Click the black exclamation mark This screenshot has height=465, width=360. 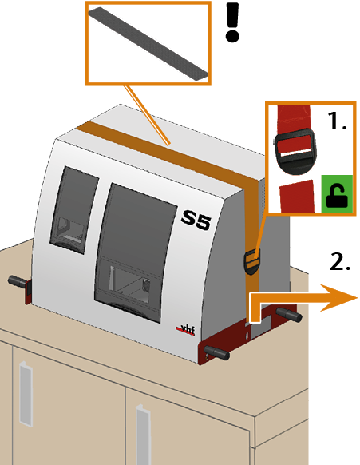(x=232, y=22)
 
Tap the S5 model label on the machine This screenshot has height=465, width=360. (x=196, y=220)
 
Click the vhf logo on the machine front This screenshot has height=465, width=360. (x=185, y=329)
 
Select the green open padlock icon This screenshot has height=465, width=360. (x=337, y=193)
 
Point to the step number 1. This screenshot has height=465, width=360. (x=337, y=121)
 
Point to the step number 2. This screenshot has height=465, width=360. (x=339, y=261)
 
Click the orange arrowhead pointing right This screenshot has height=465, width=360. (x=338, y=298)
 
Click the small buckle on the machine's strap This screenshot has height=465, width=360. (x=251, y=261)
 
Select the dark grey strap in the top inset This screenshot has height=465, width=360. (x=148, y=44)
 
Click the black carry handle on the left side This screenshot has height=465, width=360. (x=18, y=282)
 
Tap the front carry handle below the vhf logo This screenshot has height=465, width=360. (x=217, y=352)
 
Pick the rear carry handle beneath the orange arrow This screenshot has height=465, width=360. (x=289, y=315)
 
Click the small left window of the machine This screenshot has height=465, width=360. (x=74, y=210)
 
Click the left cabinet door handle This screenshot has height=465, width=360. (x=26, y=394)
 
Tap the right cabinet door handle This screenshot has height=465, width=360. (x=143, y=435)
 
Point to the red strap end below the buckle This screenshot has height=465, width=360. (x=297, y=196)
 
